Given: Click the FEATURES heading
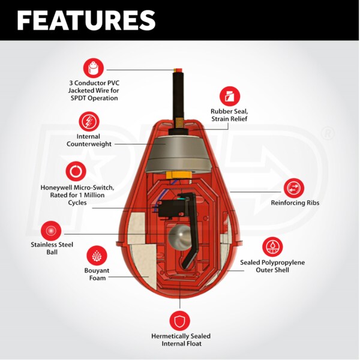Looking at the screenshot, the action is (x=86, y=20).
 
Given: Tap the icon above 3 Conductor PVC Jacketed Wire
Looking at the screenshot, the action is (x=94, y=68).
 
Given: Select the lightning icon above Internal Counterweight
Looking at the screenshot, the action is (x=89, y=122).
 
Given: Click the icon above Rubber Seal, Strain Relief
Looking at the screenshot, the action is (x=230, y=97).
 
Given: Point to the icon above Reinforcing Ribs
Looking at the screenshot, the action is (x=294, y=188).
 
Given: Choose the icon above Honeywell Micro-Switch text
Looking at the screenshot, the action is (x=76, y=171).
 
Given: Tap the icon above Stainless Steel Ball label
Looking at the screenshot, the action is (x=51, y=231).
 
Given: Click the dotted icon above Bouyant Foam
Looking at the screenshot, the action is (x=97, y=256).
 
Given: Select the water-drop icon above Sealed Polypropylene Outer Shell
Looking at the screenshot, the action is (x=272, y=247).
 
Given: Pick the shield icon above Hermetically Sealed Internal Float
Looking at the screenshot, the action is (x=180, y=321).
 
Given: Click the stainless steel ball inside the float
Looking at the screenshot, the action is (x=180, y=237).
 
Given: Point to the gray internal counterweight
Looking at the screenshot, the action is (x=178, y=155).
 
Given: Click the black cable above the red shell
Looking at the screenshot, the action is (x=178, y=95).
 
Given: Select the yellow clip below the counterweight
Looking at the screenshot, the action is (x=179, y=175).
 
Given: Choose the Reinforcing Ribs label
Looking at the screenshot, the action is (x=295, y=203).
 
